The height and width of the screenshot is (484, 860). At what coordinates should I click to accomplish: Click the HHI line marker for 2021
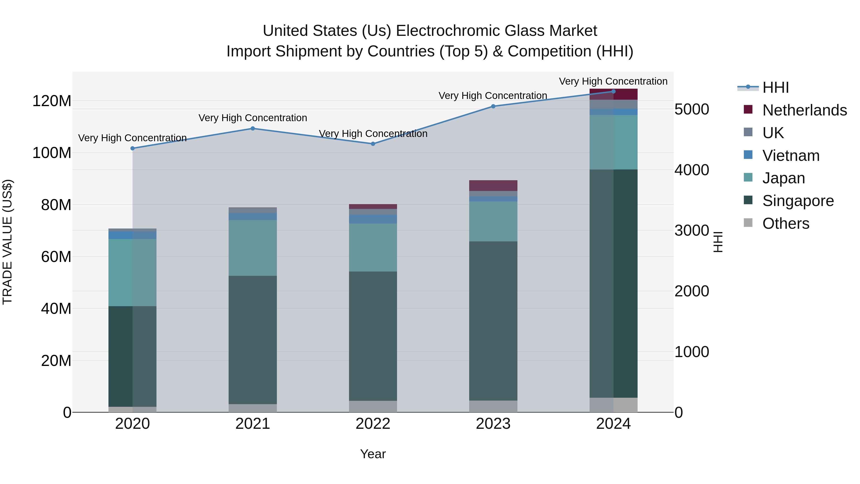253,129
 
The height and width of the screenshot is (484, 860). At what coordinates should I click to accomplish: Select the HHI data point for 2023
493,106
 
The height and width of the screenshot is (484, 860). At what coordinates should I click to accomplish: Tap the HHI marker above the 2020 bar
133,148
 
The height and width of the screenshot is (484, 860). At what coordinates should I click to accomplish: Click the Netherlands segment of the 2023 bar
493,186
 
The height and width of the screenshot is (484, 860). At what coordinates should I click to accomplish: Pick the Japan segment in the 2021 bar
253,248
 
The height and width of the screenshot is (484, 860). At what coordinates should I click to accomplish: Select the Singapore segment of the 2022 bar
373,336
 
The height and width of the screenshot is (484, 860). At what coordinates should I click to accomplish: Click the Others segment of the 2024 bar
613,405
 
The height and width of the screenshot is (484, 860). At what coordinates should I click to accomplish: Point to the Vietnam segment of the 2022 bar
373,219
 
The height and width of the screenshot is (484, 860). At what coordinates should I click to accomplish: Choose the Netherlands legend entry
804,110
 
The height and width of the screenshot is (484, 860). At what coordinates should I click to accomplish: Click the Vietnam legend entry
790,156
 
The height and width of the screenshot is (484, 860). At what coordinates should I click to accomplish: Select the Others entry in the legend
785,223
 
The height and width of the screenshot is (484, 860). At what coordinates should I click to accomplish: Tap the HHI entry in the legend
775,87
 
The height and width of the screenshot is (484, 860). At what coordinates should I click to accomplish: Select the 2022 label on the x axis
373,424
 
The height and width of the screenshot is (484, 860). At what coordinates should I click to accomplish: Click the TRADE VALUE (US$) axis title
7,242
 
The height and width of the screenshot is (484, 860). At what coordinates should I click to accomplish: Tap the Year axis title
373,454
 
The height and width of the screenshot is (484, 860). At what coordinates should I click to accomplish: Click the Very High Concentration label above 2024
613,81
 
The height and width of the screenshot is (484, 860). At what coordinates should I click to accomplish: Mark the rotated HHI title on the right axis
718,242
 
